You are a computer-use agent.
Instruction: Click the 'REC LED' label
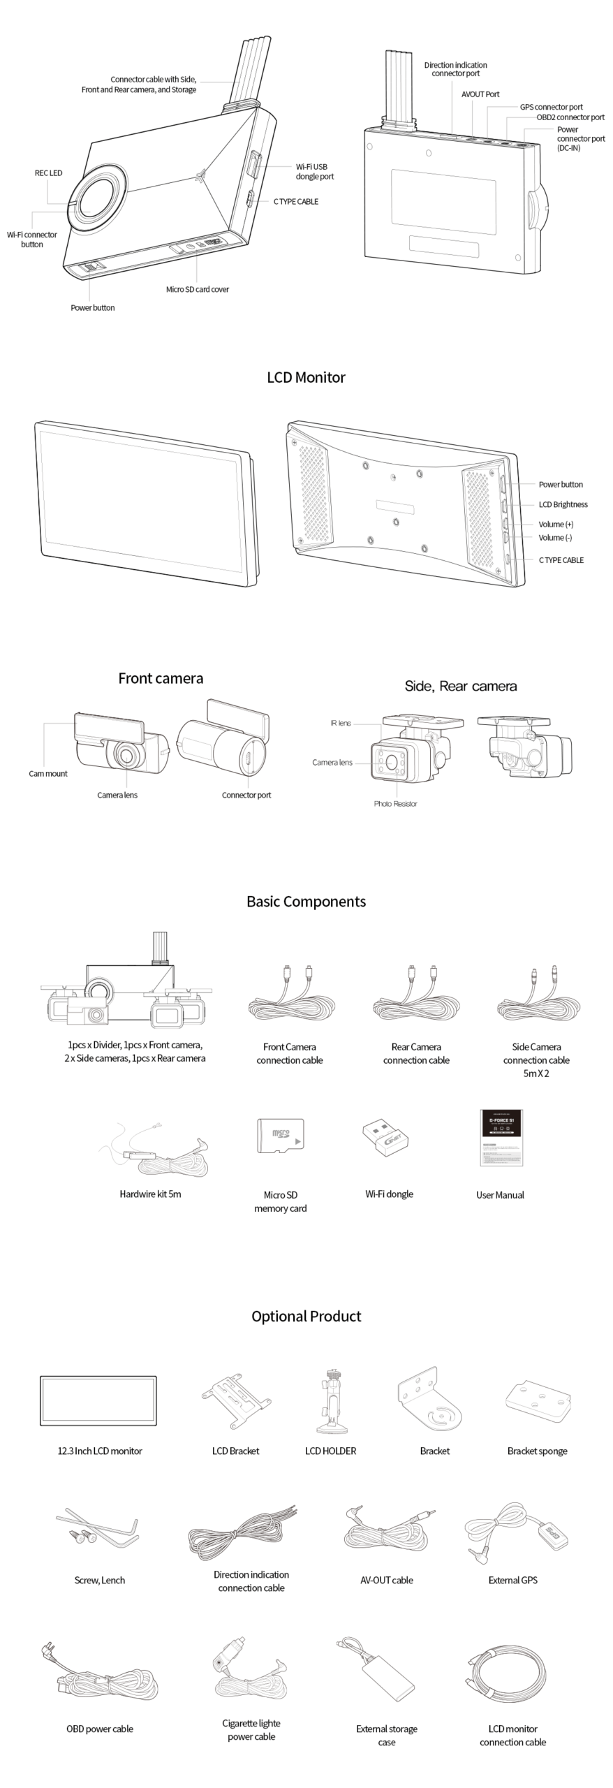(x=48, y=173)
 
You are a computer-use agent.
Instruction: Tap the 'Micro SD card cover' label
(x=197, y=289)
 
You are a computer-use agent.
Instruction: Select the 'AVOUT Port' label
(x=480, y=94)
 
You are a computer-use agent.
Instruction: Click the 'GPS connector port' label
(x=551, y=107)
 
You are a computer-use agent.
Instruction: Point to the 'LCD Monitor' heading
(x=306, y=377)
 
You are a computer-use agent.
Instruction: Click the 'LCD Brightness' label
(x=563, y=504)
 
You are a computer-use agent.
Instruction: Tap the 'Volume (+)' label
(x=556, y=524)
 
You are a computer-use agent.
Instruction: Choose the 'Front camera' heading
(x=161, y=678)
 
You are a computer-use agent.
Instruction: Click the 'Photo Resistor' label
(x=395, y=804)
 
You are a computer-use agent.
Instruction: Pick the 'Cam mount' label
(x=48, y=774)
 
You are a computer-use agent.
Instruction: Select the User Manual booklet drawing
(x=501, y=1137)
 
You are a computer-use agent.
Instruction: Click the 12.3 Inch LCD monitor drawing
(x=98, y=1400)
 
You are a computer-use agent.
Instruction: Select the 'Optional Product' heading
(x=306, y=1316)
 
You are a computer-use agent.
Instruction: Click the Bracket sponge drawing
(x=538, y=1401)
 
